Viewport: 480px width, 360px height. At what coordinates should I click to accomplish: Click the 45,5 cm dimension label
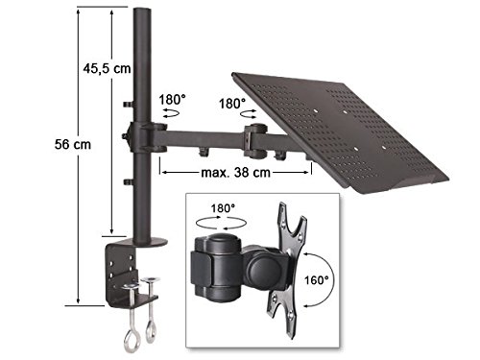[x=107, y=68]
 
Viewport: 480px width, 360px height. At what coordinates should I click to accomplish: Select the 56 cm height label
[x=73, y=144]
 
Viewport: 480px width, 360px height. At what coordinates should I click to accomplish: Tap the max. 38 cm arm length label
[x=236, y=173]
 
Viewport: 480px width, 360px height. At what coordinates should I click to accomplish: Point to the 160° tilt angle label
[x=317, y=280]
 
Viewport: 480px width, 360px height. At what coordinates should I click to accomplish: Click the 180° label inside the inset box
[x=223, y=208]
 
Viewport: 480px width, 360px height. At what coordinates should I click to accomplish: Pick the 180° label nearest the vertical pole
[x=173, y=100]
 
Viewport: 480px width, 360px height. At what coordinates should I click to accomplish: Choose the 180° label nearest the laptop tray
[x=232, y=104]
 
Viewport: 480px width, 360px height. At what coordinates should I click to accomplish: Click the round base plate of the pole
[x=151, y=242]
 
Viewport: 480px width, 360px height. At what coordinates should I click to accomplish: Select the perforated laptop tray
[x=339, y=131]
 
